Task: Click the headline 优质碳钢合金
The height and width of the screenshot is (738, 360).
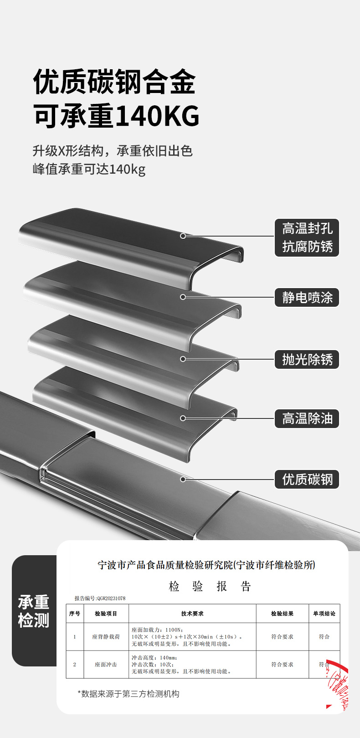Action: (x=114, y=82)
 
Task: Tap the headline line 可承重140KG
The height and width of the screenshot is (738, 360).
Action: (x=117, y=116)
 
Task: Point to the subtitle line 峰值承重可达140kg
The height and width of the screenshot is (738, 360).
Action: (x=89, y=169)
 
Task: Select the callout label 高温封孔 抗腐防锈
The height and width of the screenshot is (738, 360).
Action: (x=307, y=237)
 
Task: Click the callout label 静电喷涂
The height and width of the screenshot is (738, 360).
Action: (x=307, y=298)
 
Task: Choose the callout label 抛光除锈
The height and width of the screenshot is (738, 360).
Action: (x=307, y=359)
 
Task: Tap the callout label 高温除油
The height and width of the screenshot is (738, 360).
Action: (x=307, y=418)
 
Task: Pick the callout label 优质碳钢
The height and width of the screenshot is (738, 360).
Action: (x=307, y=479)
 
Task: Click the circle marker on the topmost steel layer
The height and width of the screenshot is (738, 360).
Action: (x=183, y=236)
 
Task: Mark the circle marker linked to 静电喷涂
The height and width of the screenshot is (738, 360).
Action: (x=183, y=297)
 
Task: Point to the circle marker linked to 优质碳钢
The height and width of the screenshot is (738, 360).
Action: (x=183, y=479)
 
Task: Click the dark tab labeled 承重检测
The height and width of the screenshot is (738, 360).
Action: (x=34, y=611)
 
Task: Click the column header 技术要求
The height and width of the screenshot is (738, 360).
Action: (x=192, y=614)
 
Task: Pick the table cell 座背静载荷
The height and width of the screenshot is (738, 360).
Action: (x=106, y=636)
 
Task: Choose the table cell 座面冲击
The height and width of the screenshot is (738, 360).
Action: (x=106, y=664)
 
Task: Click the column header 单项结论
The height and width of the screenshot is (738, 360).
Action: (x=324, y=614)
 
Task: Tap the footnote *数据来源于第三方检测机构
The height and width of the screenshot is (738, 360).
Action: (x=129, y=694)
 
